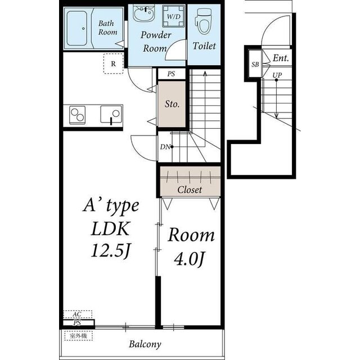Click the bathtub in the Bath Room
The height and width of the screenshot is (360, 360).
77,29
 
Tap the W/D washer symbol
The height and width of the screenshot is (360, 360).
174,16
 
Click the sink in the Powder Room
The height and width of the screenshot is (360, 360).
144,13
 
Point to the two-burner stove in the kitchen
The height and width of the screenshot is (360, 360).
78,115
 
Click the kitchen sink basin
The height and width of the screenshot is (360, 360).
111,114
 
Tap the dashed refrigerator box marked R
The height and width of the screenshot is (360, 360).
113,64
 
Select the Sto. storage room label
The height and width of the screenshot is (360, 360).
172,104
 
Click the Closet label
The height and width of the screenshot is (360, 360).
190,190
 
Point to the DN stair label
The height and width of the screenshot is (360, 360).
165,147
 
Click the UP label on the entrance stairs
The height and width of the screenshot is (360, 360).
277,75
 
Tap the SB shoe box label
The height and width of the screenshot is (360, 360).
255,65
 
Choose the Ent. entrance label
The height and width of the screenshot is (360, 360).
281,58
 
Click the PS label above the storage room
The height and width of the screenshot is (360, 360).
171,74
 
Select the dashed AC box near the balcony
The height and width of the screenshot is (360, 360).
78,314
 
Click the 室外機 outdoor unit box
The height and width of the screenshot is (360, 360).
79,336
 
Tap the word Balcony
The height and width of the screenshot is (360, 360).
145,344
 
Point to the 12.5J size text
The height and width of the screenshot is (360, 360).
111,251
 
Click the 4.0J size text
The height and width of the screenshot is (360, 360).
189,259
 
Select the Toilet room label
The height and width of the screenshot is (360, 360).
204,46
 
